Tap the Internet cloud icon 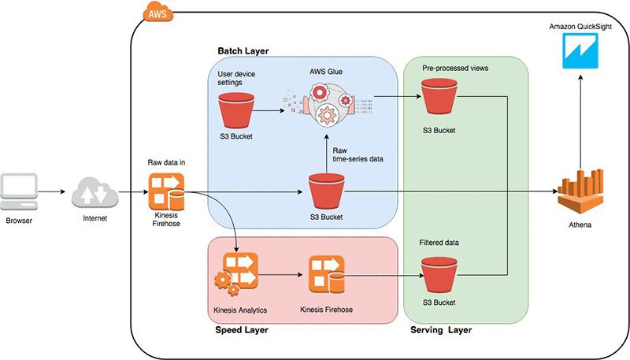point(95,191)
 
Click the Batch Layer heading point(243,51)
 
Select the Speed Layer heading point(241,330)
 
